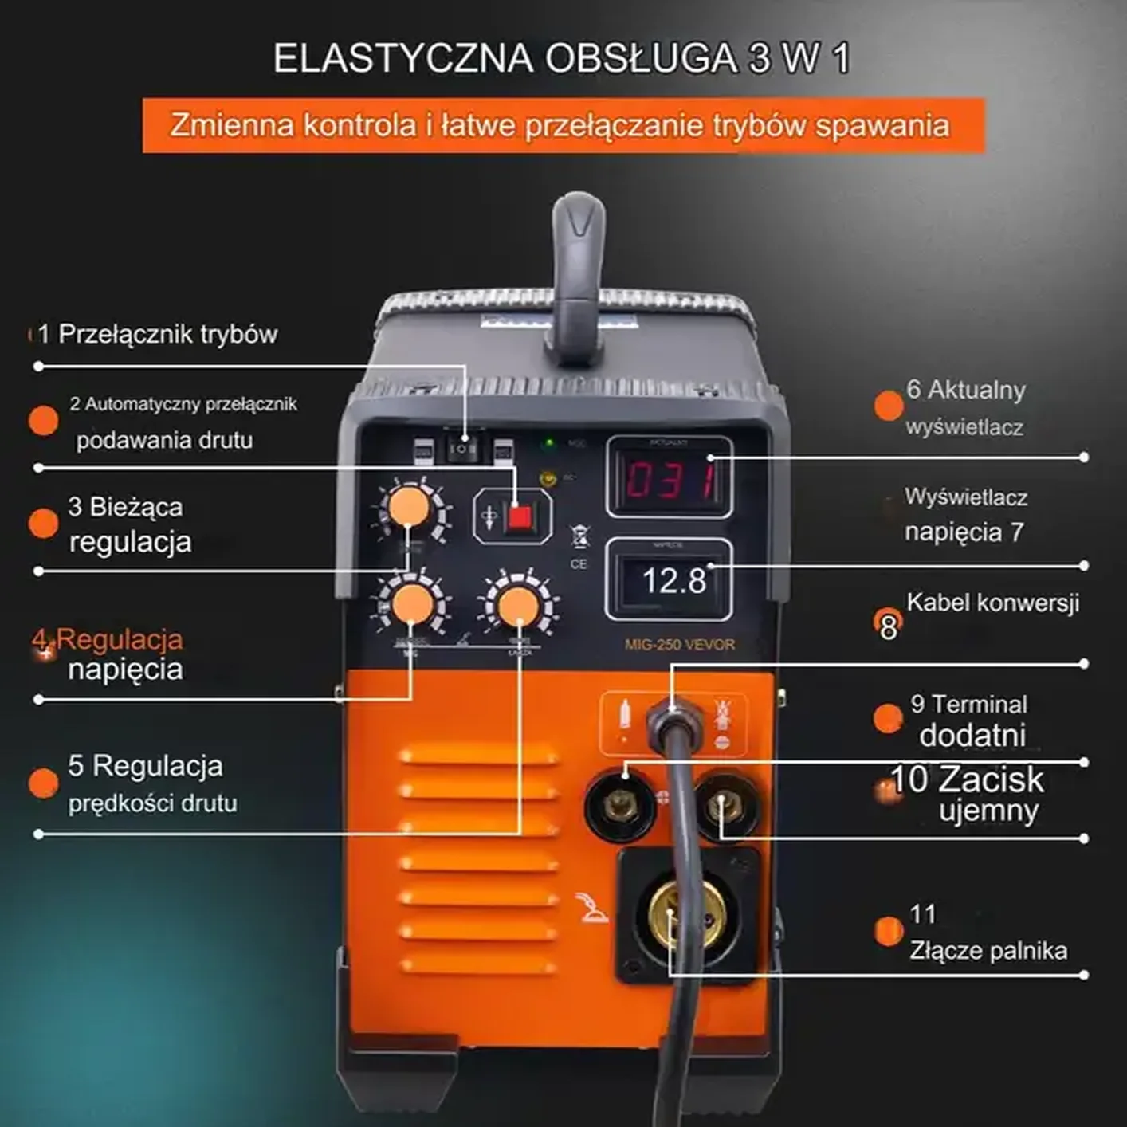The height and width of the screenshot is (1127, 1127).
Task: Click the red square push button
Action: pos(519,517)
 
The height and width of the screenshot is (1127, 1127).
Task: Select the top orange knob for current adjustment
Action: pos(408,507)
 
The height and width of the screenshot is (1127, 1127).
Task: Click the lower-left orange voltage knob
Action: pos(412,603)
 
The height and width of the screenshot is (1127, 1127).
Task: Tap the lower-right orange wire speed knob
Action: pos(517,606)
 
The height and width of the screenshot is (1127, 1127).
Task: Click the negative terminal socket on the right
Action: pos(726,805)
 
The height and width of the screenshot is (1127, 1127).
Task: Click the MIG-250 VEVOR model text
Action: pos(679,645)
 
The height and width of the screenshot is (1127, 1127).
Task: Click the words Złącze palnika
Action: pos(988,951)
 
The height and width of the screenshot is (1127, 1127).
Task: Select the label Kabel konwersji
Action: pos(992,603)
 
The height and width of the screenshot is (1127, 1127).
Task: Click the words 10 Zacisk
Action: pos(966,779)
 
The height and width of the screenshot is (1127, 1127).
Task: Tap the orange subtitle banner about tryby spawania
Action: pos(563,125)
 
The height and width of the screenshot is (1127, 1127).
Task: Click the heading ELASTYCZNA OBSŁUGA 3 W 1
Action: pos(561,58)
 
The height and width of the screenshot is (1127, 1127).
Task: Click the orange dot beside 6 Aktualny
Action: pos(888,405)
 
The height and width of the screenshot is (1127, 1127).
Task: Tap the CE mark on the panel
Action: pos(579,563)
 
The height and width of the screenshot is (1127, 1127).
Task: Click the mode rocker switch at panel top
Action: pos(462,449)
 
